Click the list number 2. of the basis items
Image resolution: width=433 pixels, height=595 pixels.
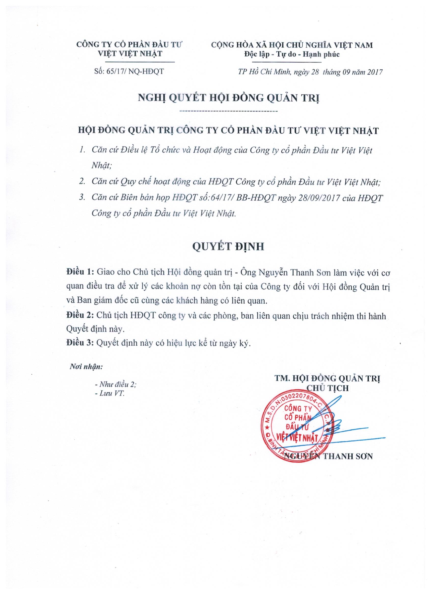[83, 182]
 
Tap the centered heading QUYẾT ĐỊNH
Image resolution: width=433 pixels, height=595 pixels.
[228, 247]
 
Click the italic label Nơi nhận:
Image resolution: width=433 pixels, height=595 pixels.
[86, 367]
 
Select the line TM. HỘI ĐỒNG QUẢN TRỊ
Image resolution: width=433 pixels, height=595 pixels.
[328, 378]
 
